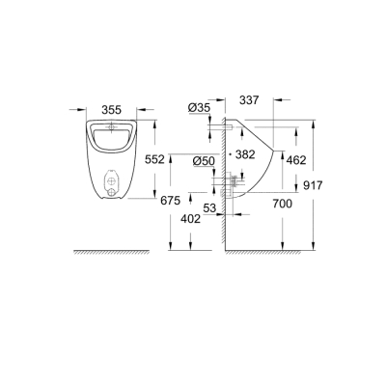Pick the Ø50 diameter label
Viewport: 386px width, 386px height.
tap(204, 160)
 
